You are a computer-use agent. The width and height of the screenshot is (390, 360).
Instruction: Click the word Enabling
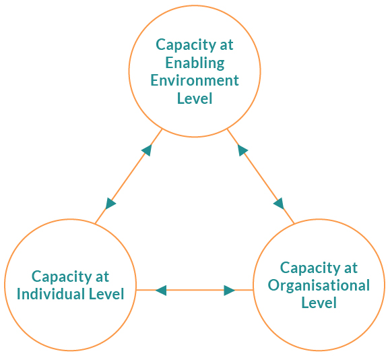[195, 63]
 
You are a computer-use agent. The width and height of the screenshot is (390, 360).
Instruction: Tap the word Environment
[195, 81]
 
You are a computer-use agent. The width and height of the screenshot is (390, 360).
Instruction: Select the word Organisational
[319, 286]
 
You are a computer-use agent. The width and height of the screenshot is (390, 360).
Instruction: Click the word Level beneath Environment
[195, 98]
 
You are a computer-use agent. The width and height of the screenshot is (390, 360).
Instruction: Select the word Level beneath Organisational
[319, 303]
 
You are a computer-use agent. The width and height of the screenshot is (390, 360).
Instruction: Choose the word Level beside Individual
[106, 294]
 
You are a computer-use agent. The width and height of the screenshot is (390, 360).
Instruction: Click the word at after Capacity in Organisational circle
[351, 268]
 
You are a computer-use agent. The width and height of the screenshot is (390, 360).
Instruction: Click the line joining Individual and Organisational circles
[195, 290]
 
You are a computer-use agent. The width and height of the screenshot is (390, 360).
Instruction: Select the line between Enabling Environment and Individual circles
[129, 176]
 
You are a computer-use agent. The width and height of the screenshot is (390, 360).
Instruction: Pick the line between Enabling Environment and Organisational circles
[261, 176]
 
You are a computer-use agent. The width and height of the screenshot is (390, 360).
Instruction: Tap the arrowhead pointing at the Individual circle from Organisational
[161, 291]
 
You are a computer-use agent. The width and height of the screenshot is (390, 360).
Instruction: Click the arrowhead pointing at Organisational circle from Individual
[229, 291]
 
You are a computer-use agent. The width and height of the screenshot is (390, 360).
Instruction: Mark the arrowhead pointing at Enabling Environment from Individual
[147, 150]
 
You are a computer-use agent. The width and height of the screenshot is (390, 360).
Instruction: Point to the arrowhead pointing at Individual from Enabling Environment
[110, 204]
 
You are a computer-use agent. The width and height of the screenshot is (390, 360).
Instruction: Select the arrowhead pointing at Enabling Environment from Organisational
[242, 150]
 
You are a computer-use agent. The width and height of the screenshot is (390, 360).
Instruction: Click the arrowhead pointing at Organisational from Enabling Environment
[279, 204]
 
